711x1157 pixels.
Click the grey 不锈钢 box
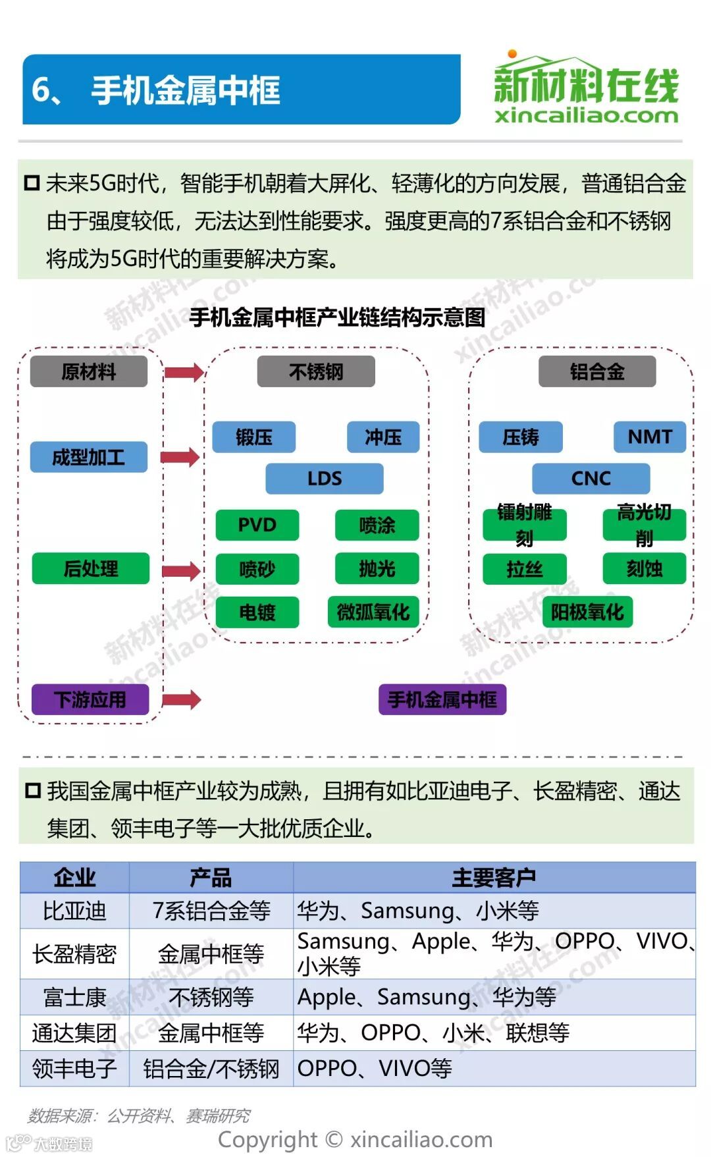click(x=316, y=371)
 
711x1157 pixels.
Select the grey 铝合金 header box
click(x=597, y=371)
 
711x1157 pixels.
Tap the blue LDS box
click(x=324, y=478)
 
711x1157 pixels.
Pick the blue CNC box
click(x=591, y=478)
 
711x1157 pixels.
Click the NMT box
click(x=649, y=437)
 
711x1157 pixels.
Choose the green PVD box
click(x=257, y=525)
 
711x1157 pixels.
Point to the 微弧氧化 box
click(x=373, y=612)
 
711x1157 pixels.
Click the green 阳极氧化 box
click(x=587, y=612)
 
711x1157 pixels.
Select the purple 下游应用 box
click(x=90, y=699)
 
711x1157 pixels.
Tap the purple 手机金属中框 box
click(x=442, y=699)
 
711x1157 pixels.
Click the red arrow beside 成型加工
click(x=180, y=457)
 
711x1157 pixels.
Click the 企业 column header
click(x=74, y=877)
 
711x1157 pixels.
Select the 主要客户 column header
click(x=494, y=877)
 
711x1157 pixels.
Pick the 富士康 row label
click(x=74, y=997)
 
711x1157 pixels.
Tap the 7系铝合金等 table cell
click(x=211, y=911)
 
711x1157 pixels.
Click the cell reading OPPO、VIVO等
click(x=375, y=1068)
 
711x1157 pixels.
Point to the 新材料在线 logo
click(x=585, y=88)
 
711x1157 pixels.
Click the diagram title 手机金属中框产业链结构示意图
click(x=337, y=317)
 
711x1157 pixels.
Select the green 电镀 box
click(x=257, y=612)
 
